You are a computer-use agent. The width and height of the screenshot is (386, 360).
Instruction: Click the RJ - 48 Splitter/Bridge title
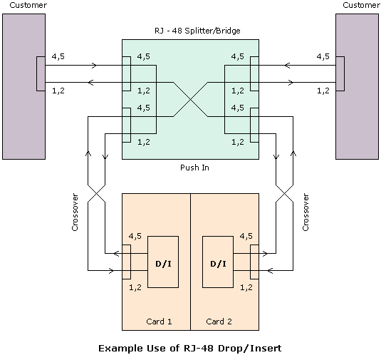tap(197, 31)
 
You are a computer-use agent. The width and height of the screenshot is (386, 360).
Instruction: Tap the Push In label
tap(194, 168)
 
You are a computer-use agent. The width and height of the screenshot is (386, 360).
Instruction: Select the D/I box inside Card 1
tap(163, 262)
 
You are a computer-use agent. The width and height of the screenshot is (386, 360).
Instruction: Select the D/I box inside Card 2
tap(218, 262)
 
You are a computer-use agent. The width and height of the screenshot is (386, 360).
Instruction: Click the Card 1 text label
tap(159, 322)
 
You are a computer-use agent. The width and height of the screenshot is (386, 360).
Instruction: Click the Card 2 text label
tap(219, 322)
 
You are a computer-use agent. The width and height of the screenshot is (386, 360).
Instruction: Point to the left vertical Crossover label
tap(75, 212)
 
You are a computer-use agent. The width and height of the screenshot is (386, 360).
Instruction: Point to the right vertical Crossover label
tap(306, 212)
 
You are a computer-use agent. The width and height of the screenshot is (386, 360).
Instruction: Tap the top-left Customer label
tap(28, 5)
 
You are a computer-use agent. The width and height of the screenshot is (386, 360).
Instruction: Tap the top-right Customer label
tap(361, 5)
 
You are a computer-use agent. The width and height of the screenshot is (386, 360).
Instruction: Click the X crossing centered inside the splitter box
tap(191, 99)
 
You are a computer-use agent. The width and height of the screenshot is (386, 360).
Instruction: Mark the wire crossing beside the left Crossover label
tap(97, 193)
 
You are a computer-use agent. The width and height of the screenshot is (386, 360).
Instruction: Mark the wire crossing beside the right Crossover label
tap(285, 193)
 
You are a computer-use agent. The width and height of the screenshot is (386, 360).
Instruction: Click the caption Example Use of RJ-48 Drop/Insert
tap(190, 349)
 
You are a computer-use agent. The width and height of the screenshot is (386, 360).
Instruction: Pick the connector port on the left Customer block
tap(41, 73)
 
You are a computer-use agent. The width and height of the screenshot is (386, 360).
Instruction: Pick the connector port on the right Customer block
tap(340, 73)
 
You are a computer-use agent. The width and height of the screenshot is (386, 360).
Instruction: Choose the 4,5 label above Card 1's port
tap(135, 236)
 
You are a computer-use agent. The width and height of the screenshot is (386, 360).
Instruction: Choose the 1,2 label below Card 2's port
tap(246, 287)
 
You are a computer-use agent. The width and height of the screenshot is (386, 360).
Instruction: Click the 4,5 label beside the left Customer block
tap(58, 57)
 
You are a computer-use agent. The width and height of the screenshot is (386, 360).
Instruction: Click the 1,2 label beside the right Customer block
tap(323, 91)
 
